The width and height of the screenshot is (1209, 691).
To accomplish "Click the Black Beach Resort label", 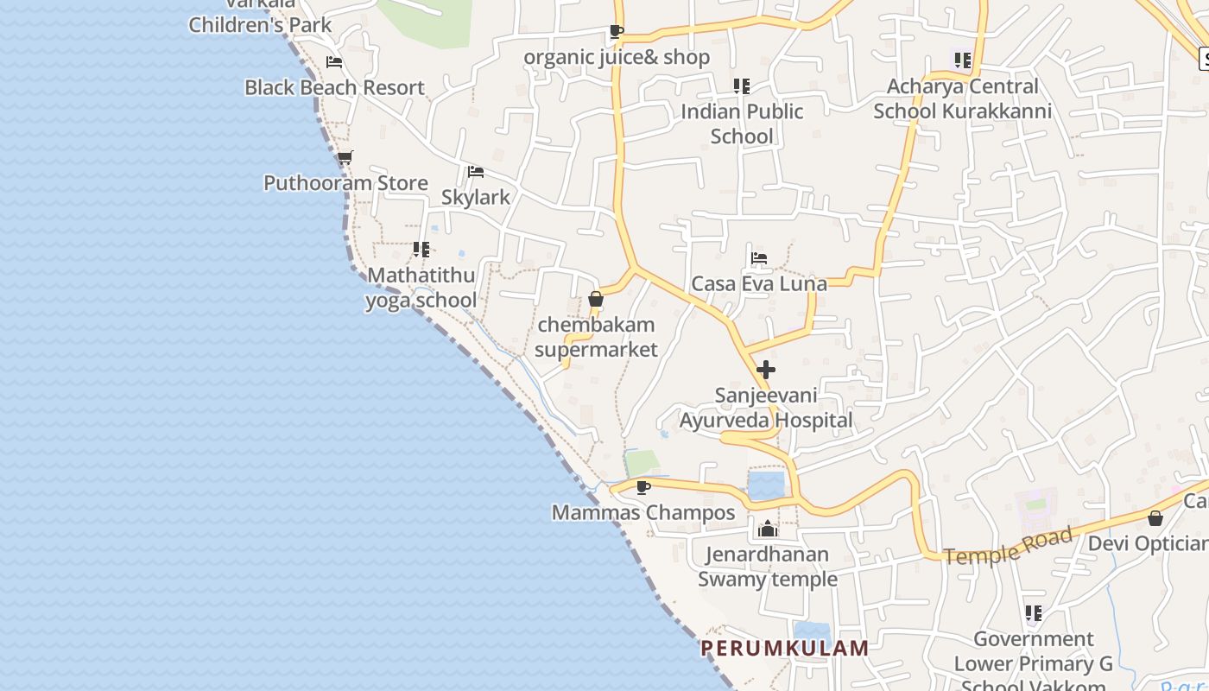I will [x=334, y=87].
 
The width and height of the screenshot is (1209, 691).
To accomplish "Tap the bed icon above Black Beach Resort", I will [x=334, y=62].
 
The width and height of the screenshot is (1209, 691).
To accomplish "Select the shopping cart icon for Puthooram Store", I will [x=345, y=157].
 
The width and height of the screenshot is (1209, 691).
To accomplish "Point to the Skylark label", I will [x=476, y=197].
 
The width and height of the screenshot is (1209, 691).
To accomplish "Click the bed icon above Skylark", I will [x=475, y=172].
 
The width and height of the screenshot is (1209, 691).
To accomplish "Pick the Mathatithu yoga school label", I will [x=421, y=288].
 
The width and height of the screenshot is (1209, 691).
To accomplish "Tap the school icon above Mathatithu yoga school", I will [x=421, y=250].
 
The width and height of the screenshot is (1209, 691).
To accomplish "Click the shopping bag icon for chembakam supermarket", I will [x=595, y=300].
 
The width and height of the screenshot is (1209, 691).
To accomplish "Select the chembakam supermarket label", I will [x=596, y=337].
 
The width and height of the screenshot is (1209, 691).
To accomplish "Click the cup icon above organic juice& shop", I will [x=616, y=32].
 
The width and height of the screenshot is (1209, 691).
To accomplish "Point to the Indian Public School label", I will [x=742, y=124].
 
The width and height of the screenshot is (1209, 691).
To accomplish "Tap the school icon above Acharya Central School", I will [x=962, y=60].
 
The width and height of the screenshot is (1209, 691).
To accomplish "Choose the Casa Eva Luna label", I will [x=759, y=283].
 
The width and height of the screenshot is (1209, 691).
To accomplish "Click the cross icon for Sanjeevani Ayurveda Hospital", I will [x=765, y=370].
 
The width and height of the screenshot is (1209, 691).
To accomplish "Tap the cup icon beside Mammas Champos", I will [x=642, y=487].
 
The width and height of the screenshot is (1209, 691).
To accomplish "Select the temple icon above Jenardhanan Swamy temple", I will [x=768, y=529].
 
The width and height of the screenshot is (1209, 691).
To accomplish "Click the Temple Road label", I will [x=1008, y=546].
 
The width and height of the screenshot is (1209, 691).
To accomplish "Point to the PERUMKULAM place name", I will [x=784, y=648].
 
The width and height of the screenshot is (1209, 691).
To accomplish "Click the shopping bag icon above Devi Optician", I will [x=1155, y=518].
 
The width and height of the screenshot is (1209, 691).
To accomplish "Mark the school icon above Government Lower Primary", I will [x=1033, y=613].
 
